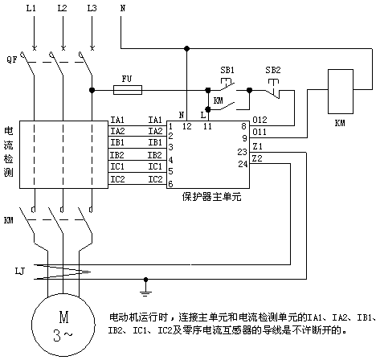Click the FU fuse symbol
click(128, 90)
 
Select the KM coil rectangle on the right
click(341, 92)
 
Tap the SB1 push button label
click(227, 70)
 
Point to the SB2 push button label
click(273, 70)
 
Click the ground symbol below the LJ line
click(145, 287)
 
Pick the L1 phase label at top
click(31, 8)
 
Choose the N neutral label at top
click(123, 8)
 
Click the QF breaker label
click(12, 59)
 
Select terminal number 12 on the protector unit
click(187, 126)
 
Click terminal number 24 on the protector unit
click(243, 164)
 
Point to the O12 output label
click(260, 120)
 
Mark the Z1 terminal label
click(257, 146)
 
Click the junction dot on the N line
click(186, 48)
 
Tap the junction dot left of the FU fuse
click(92, 90)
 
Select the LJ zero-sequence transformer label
click(19, 272)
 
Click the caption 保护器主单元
click(211, 197)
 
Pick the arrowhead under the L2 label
click(63, 47)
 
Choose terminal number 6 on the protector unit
click(170, 184)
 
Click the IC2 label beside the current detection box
click(118, 179)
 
